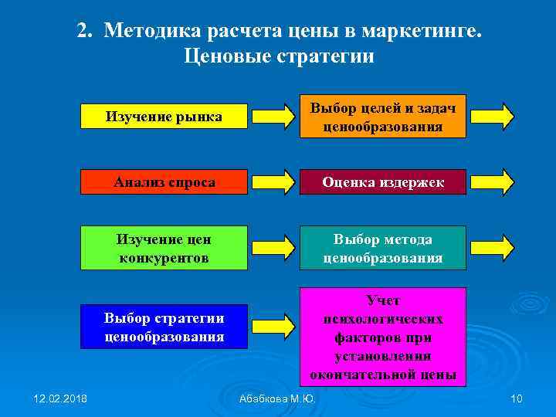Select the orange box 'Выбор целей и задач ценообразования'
[x=383, y=117]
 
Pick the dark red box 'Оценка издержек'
[x=383, y=182]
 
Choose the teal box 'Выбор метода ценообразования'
[x=383, y=248]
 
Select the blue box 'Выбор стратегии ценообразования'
[x=164, y=327]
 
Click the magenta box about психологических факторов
[x=383, y=336]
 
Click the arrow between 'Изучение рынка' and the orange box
[x=273, y=116]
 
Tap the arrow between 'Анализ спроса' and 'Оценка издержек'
[x=273, y=182]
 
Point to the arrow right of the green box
[x=273, y=247]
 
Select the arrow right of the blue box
[x=273, y=327]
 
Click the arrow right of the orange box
[x=493, y=116]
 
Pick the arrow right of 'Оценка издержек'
[x=493, y=182]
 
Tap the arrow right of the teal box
[x=493, y=247]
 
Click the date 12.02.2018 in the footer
[x=61, y=398]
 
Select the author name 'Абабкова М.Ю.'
[x=277, y=398]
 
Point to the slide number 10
[x=517, y=398]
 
